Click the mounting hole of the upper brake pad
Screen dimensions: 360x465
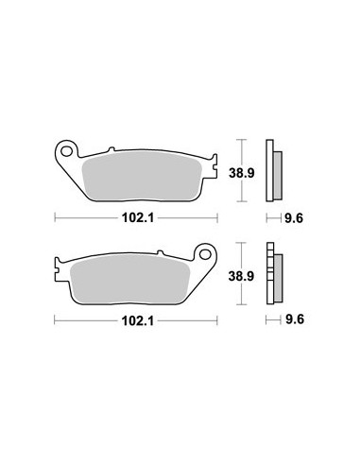click(x=66, y=151)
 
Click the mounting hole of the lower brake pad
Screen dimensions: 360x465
click(x=205, y=254)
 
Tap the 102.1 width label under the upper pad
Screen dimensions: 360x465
click(x=138, y=217)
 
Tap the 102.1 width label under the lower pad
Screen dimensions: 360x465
click(x=138, y=321)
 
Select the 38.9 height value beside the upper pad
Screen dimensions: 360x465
click(x=241, y=173)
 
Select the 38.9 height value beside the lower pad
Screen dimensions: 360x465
click(x=241, y=276)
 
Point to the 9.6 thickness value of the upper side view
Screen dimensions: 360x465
click(x=294, y=218)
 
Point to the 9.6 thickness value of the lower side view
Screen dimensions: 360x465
click(x=295, y=319)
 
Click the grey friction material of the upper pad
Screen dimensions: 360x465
click(x=142, y=179)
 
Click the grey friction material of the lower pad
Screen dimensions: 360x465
click(x=129, y=281)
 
